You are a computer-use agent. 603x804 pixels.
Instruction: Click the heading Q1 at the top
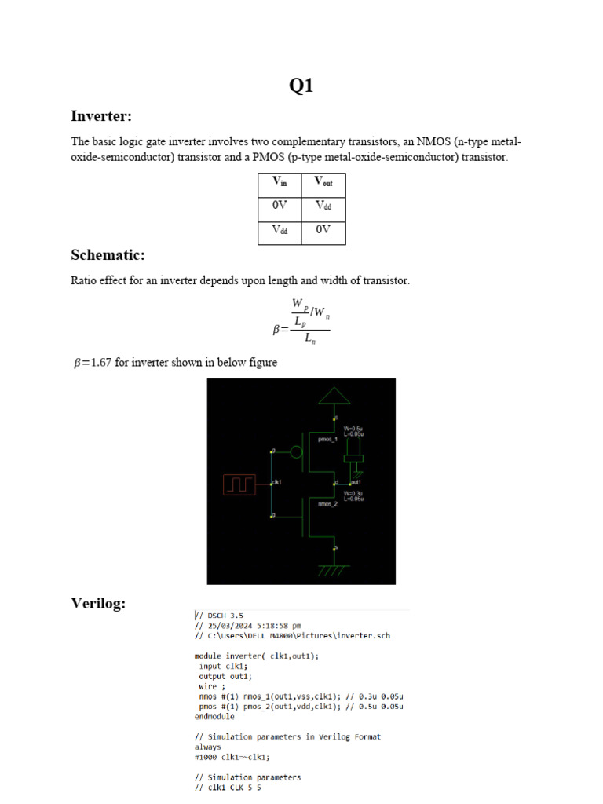(301, 86)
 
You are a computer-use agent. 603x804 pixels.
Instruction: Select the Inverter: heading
(100, 117)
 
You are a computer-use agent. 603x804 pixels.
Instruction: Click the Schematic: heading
(108, 255)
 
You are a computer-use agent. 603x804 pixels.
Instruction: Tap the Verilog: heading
(98, 603)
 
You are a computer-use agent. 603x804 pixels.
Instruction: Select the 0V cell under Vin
(280, 206)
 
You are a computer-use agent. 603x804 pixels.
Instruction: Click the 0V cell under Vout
(323, 230)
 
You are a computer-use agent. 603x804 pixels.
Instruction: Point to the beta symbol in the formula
(277, 331)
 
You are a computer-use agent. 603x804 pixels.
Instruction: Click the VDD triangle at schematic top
(335, 395)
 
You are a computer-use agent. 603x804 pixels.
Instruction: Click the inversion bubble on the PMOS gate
(296, 451)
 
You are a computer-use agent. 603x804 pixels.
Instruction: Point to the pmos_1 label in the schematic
(327, 440)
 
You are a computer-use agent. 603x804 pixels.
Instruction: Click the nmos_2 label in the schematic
(327, 505)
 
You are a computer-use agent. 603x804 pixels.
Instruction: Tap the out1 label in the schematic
(356, 481)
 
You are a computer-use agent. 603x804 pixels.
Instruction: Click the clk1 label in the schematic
(277, 481)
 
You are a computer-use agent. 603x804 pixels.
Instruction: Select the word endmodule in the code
(214, 717)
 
